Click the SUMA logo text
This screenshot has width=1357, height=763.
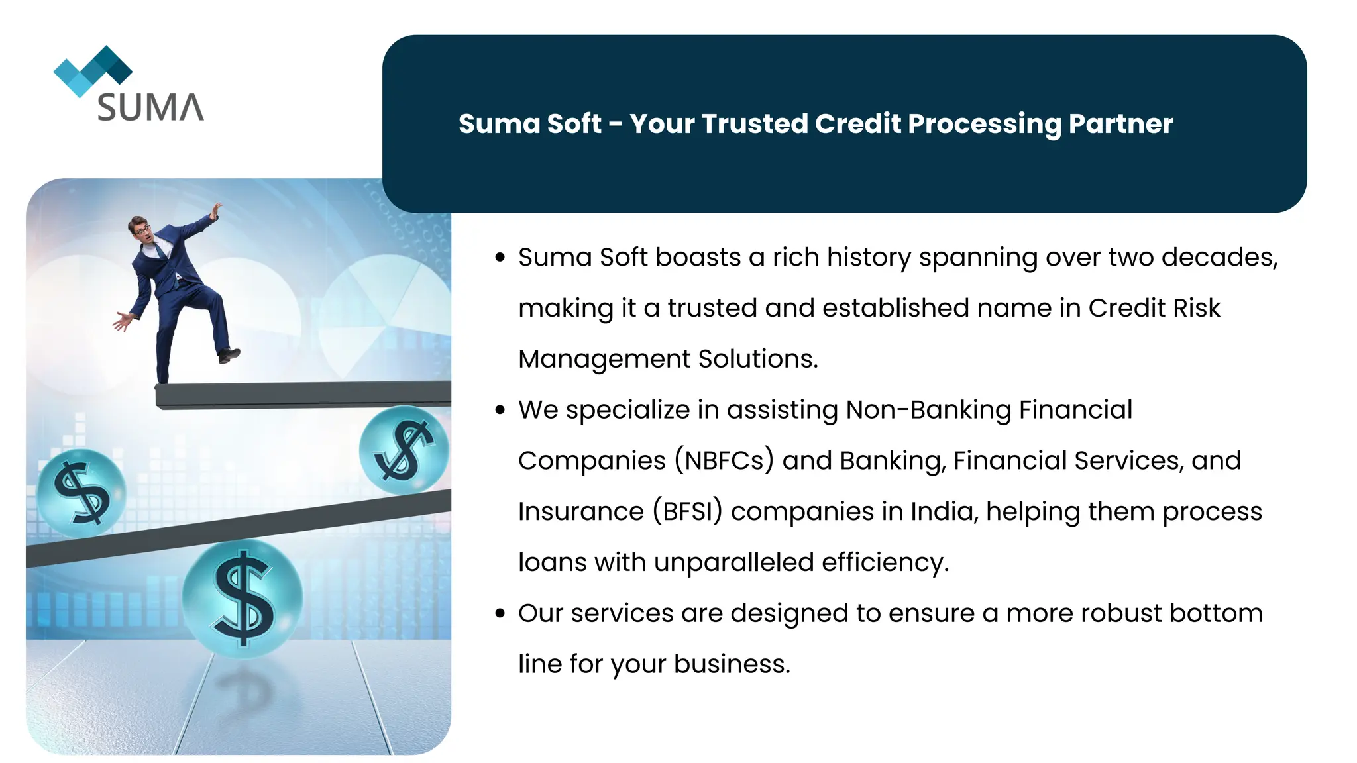click(150, 107)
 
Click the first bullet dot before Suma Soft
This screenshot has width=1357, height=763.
click(500, 258)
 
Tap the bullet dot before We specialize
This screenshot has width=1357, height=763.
click(500, 411)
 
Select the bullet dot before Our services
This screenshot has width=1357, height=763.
click(500, 614)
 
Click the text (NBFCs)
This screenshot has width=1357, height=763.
click(724, 461)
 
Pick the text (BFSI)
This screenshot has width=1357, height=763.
click(687, 512)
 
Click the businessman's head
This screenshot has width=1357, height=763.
click(140, 229)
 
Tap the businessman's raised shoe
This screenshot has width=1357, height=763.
click(229, 355)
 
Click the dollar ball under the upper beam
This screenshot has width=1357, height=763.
click(404, 450)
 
